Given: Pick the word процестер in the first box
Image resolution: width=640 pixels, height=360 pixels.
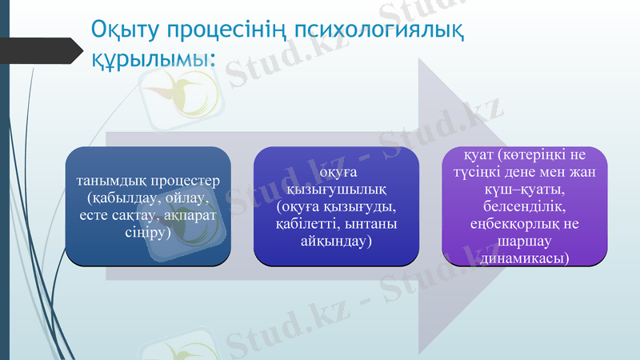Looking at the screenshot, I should tap(186, 180).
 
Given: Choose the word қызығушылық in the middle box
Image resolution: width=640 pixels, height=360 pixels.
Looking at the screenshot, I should tap(337, 190).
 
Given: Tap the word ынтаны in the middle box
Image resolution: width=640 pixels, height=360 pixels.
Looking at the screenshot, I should tap(372, 225).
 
